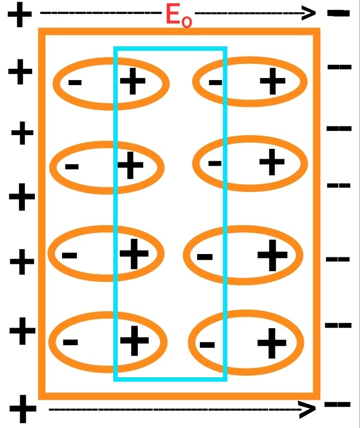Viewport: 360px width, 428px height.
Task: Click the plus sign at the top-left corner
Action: [20, 15]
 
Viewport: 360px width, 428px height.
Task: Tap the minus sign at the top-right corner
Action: [338, 12]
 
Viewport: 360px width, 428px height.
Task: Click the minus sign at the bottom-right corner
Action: [337, 404]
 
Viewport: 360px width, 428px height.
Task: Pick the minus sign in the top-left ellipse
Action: [75, 83]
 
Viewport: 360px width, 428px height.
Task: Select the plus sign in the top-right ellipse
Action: [273, 81]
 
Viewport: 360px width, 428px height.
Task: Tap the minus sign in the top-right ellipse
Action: [216, 83]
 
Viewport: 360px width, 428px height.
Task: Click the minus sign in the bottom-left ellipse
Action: [70, 342]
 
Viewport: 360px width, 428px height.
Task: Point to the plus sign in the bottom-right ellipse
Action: [272, 341]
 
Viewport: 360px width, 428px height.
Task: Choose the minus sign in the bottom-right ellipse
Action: [207, 344]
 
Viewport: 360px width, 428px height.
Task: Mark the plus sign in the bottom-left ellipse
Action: [134, 340]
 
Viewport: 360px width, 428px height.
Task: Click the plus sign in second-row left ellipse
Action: [131, 165]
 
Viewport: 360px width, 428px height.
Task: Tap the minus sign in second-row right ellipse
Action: [215, 162]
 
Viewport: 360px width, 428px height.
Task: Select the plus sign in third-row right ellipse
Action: [272, 255]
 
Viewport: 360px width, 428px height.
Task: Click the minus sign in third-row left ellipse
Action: [69, 255]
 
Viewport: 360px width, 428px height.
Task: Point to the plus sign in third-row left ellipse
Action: [133, 253]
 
